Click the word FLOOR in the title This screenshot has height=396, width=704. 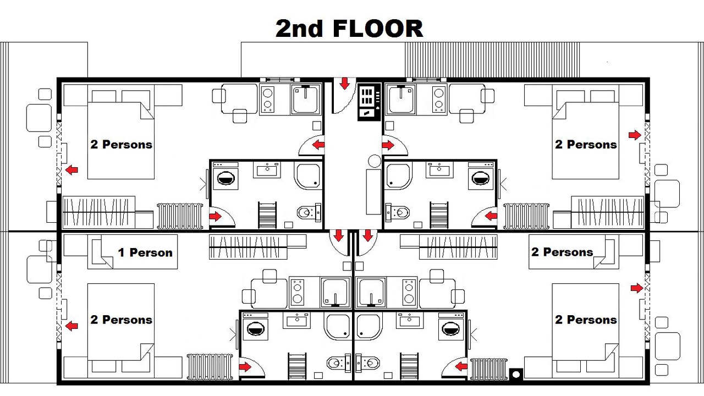(x=377, y=29)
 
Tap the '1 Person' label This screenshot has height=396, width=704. (x=145, y=252)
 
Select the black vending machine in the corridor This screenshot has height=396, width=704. (x=369, y=102)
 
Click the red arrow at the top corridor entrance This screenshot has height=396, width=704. (x=345, y=84)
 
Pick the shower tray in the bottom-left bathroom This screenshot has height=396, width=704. (x=338, y=327)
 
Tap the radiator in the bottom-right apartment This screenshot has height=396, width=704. (x=489, y=369)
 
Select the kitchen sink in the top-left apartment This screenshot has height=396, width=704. (x=305, y=100)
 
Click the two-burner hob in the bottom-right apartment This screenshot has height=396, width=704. (x=409, y=293)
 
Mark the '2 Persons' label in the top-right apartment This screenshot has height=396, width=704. (x=586, y=144)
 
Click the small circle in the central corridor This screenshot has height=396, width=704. (x=375, y=161)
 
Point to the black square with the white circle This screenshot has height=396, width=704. (x=516, y=375)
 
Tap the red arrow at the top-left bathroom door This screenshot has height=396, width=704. (x=215, y=216)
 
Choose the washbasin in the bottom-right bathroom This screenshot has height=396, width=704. (x=409, y=321)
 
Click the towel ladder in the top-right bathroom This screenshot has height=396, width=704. (x=439, y=215)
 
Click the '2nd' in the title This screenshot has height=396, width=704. (x=299, y=29)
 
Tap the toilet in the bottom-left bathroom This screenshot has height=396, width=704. (x=339, y=363)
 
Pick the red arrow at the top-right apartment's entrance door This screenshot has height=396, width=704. (x=388, y=145)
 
